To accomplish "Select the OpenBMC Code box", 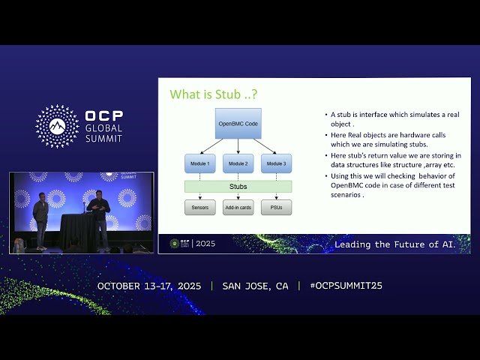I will tap(238, 123).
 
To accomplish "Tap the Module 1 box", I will tap(199, 163).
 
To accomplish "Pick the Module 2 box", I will tap(238, 163).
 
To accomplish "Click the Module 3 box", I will tap(276, 163).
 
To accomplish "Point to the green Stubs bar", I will tap(238, 186).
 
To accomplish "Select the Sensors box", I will tap(199, 207).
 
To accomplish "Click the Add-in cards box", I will tap(238, 207).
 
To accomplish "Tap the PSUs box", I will tap(276, 207).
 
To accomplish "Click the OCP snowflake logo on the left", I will tap(57, 126).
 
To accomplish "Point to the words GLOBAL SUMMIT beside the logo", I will tap(103, 133).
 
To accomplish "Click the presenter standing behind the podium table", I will tap(97, 217).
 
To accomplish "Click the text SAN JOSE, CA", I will tap(255, 286).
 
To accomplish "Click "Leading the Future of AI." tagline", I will tap(394, 244).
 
